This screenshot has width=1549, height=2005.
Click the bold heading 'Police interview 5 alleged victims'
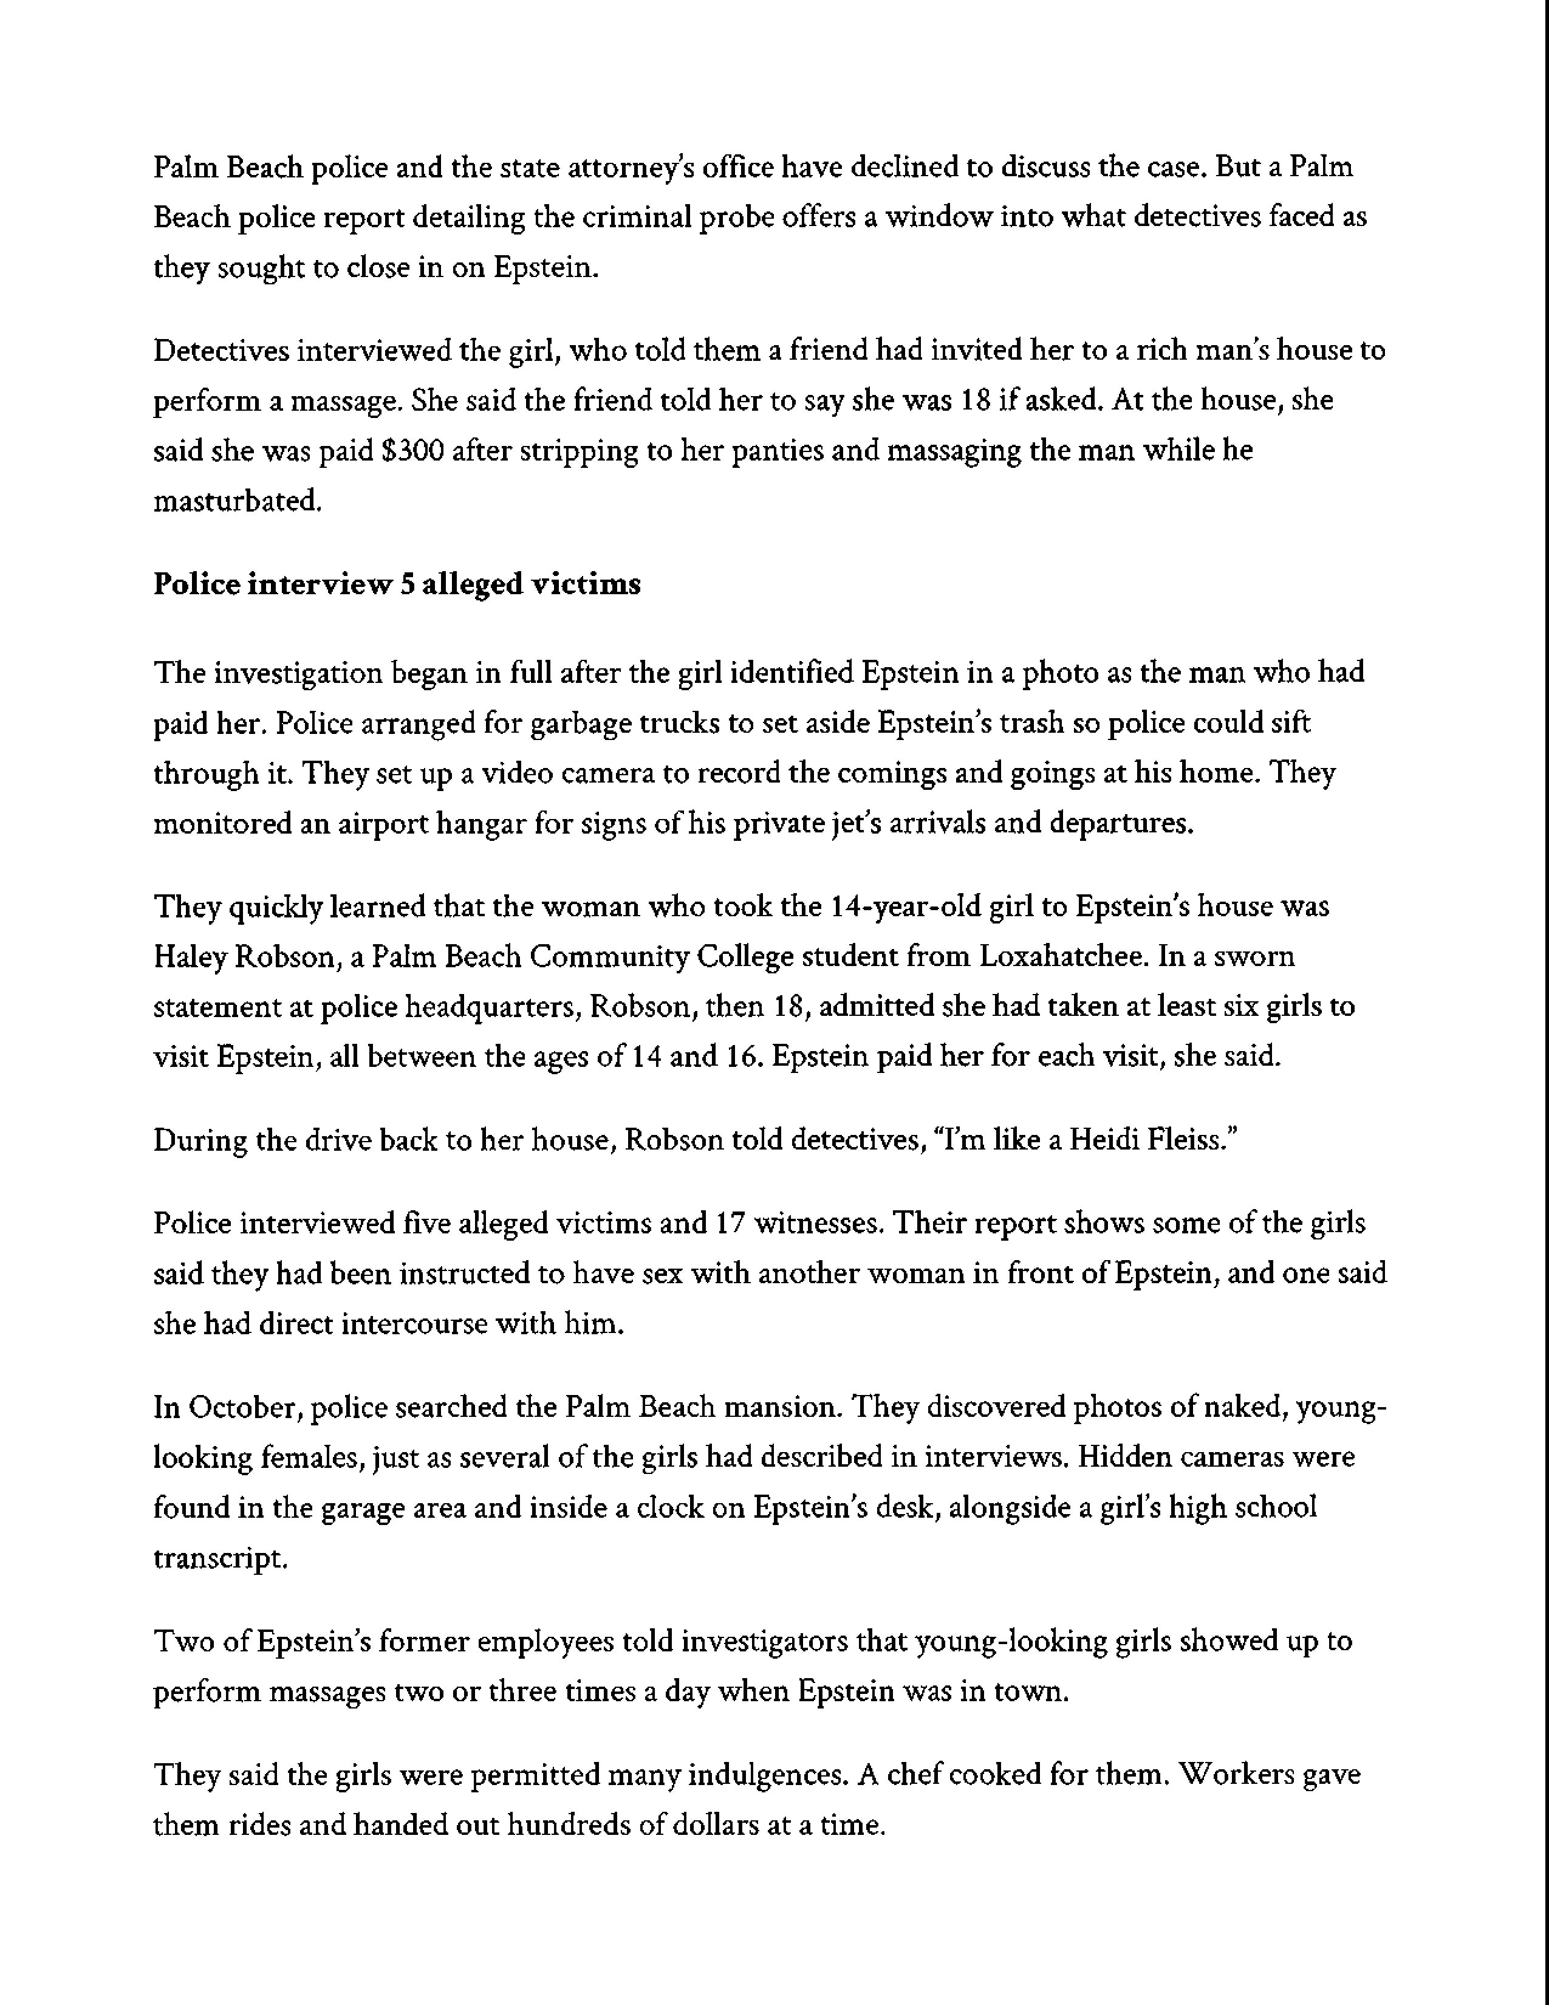[397, 584]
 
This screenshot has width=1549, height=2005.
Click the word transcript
[219, 1558]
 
